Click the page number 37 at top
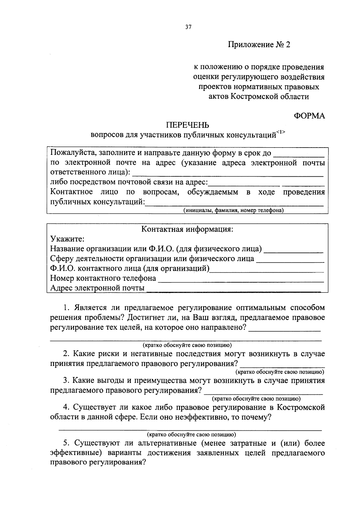pos(188,27)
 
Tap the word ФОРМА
pos(309,116)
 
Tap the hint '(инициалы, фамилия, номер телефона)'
pos(234,210)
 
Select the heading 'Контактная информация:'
pos(187,229)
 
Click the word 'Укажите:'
pos(67,239)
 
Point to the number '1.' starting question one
pos(66,308)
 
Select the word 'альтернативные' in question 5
pos(168,443)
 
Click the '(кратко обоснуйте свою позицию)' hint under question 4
pos(191,434)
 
